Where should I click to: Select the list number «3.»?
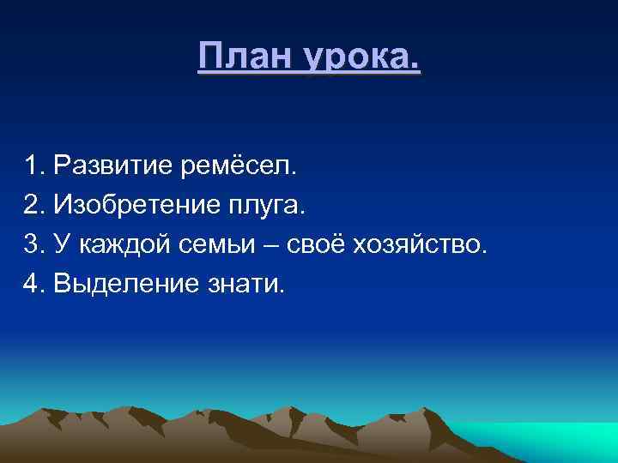tap(35, 246)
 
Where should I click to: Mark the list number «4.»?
tap(35, 283)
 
